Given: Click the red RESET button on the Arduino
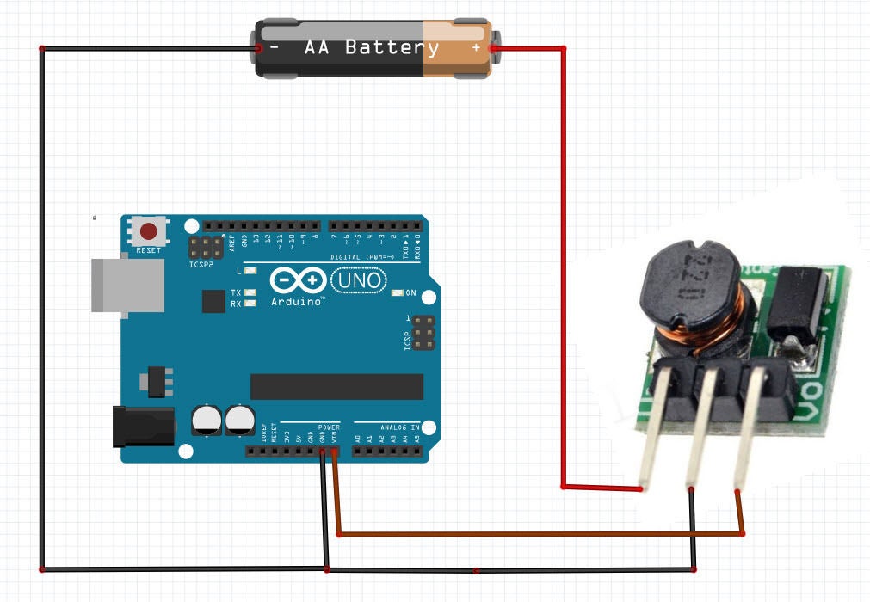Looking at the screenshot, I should pyautogui.click(x=150, y=231).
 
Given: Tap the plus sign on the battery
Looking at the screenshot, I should pyautogui.click(x=476, y=48).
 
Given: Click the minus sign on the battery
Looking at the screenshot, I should pyautogui.click(x=274, y=48).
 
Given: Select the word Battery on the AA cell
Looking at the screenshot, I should pyautogui.click(x=392, y=48).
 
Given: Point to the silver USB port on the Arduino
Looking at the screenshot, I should pyautogui.click(x=127, y=285).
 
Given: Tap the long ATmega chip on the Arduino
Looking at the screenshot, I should pyautogui.click(x=336, y=386).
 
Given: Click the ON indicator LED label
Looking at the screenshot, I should pyautogui.click(x=410, y=293).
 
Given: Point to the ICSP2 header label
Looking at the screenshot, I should pyautogui.click(x=201, y=264).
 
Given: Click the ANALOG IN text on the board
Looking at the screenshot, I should pyautogui.click(x=399, y=427).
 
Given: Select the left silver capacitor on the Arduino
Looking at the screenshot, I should pyautogui.click(x=207, y=419).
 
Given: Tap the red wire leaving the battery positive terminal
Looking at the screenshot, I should pyautogui.click(x=564, y=258).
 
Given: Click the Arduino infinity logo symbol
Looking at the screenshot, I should pyautogui.click(x=297, y=280).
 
